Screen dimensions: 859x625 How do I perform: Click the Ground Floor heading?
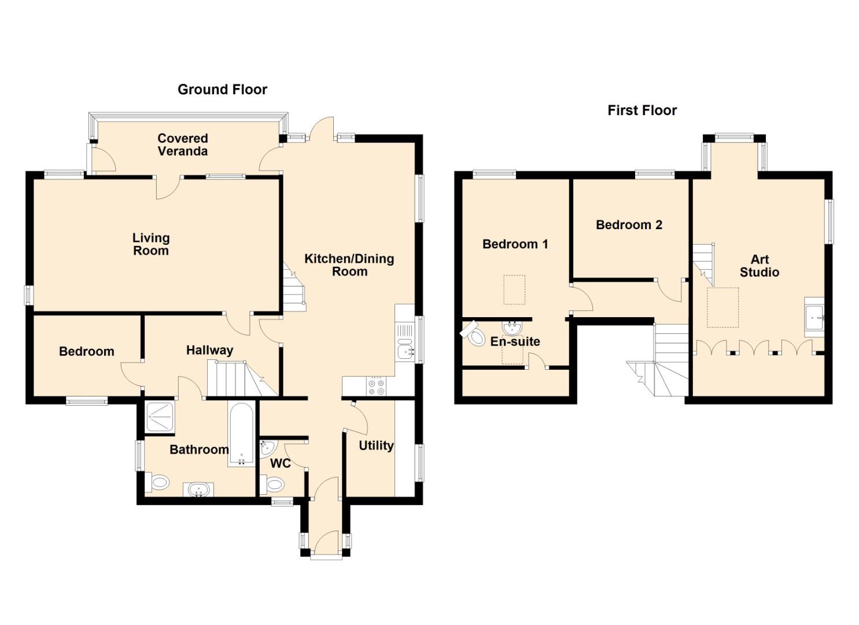pos(223,90)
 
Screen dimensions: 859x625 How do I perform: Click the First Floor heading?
pos(642,111)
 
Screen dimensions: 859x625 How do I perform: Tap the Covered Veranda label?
pos(183,145)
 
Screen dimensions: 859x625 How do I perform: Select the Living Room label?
pos(151,244)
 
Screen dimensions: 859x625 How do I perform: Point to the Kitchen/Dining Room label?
pos(349,265)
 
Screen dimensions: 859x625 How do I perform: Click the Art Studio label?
pos(760,266)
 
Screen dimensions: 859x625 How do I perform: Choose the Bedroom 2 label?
pos(629,225)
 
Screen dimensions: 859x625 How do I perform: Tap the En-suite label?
pos(515,341)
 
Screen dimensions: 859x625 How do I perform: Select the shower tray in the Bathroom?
pos(160,417)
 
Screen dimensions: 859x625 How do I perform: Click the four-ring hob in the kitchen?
pos(375,387)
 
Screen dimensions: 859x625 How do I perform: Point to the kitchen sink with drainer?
pos(405,342)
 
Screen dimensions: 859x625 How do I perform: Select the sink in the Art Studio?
pos(814,318)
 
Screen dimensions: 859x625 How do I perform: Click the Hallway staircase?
pos(242,378)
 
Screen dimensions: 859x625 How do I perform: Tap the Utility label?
pos(376,446)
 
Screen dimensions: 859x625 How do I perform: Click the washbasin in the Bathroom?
pos(198,490)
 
